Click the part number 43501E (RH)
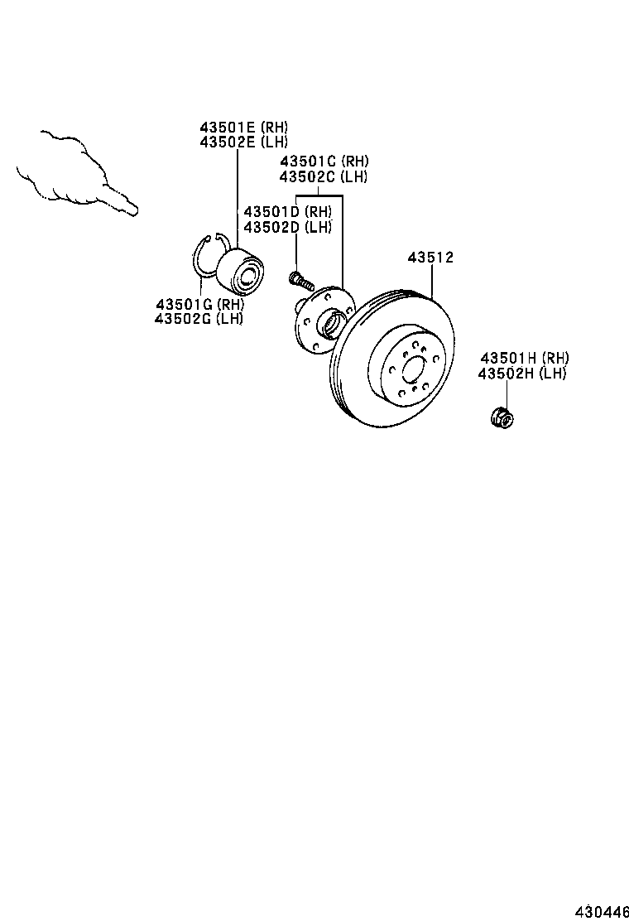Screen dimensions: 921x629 click(243, 128)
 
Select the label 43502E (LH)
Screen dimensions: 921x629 click(243, 142)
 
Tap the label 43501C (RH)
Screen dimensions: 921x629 click(324, 162)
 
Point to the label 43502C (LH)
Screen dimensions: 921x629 click(324, 176)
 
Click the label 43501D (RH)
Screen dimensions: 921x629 click(287, 212)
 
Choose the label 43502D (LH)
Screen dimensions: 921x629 click(287, 227)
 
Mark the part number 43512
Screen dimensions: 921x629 click(430, 258)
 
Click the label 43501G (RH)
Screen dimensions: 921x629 click(199, 304)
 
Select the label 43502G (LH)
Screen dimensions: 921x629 click(199, 318)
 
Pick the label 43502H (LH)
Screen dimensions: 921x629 click(522, 374)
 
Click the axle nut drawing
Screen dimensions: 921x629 click(501, 417)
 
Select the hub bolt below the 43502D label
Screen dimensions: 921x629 click(299, 278)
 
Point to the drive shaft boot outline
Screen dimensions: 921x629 click(66, 166)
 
